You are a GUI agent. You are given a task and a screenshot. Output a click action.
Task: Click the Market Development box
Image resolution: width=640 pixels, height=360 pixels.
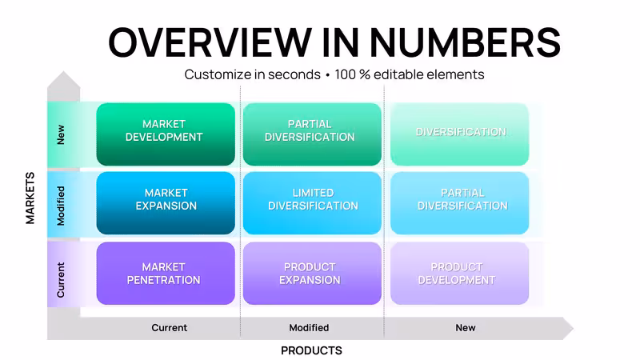pyautogui.click(x=166, y=134)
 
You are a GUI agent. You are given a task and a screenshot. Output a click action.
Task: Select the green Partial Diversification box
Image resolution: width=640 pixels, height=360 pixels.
pyautogui.click(x=312, y=134)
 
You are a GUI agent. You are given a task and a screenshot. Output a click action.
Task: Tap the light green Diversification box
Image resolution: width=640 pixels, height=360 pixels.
pyautogui.click(x=459, y=134)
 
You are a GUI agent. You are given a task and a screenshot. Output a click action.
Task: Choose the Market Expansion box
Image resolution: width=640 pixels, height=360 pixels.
pyautogui.click(x=166, y=203)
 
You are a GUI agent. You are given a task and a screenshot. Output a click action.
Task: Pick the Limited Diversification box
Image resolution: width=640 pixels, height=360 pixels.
pyautogui.click(x=312, y=203)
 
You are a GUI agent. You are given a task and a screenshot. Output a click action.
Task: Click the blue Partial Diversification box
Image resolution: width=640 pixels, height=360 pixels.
pyautogui.click(x=459, y=203)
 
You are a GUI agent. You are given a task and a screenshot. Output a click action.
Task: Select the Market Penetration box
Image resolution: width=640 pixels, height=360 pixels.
pyautogui.click(x=166, y=274)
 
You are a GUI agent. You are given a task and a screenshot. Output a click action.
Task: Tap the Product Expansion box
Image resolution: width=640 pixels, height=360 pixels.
pyautogui.click(x=312, y=274)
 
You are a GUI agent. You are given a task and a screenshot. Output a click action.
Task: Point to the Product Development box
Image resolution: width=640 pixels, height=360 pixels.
pyautogui.click(x=459, y=274)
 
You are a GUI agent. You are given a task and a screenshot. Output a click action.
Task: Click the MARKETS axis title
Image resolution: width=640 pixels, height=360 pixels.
pyautogui.click(x=30, y=198)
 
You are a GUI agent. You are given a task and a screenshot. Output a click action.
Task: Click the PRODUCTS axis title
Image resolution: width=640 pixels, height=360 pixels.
pyautogui.click(x=311, y=350)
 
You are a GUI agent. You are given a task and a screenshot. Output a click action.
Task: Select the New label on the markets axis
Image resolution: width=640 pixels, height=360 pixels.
pyautogui.click(x=61, y=134)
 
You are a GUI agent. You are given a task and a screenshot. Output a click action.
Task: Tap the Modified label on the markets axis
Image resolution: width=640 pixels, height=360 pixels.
pyautogui.click(x=61, y=206)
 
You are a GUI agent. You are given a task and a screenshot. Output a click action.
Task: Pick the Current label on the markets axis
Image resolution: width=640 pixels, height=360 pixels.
pyautogui.click(x=61, y=280)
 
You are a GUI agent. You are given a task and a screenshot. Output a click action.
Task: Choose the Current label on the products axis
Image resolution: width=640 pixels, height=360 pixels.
pyautogui.click(x=170, y=328)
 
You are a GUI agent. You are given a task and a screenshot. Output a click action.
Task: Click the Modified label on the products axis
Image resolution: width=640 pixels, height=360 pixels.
pyautogui.click(x=309, y=328)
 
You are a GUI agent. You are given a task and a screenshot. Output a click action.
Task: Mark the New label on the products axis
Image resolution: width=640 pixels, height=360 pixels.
pyautogui.click(x=466, y=328)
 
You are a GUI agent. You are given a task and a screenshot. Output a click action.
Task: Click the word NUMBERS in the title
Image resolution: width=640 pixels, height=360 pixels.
pyautogui.click(x=465, y=42)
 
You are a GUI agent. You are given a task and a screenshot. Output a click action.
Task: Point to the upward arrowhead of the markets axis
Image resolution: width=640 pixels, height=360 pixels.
pyautogui.click(x=64, y=79)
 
